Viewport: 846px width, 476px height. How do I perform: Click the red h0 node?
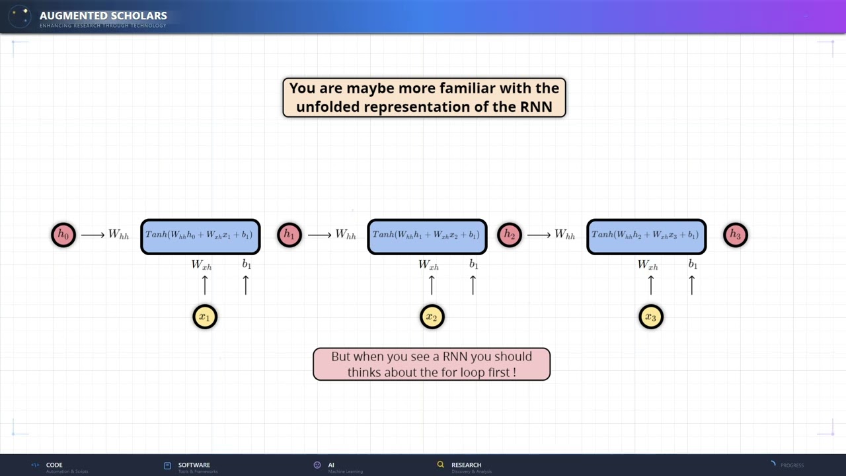(x=63, y=235)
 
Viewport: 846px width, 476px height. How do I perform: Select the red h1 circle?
(x=289, y=235)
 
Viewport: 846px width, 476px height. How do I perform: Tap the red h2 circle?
(x=510, y=235)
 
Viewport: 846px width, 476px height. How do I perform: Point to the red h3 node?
(x=736, y=235)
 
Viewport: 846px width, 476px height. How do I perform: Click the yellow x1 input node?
(x=205, y=317)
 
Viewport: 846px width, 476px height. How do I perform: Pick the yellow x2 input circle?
(x=432, y=317)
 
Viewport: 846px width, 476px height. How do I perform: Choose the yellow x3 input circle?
(x=651, y=317)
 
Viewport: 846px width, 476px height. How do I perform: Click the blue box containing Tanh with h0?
(x=200, y=237)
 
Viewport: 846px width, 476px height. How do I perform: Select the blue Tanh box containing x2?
(x=427, y=237)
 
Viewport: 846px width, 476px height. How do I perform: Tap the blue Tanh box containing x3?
(x=646, y=237)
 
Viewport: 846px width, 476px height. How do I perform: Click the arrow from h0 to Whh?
(x=93, y=235)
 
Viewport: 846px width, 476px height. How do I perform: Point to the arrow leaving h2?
(x=539, y=235)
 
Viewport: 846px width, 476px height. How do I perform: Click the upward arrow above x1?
(x=205, y=285)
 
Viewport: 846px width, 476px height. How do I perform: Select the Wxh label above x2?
(x=428, y=264)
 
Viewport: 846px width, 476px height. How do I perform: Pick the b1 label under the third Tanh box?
(x=693, y=264)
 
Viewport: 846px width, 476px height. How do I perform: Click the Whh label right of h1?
(x=346, y=235)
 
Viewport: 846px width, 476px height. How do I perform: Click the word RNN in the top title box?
(x=537, y=106)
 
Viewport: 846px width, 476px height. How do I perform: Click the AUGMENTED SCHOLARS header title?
(x=103, y=16)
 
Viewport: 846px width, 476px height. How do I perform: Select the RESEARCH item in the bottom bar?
(x=466, y=465)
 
